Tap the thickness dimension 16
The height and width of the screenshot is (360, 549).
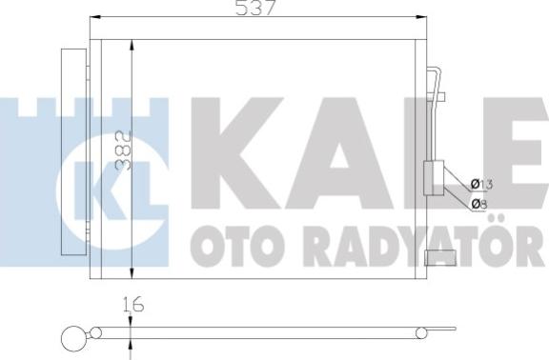pos(133,307)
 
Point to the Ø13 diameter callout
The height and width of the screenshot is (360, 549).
pos(482,183)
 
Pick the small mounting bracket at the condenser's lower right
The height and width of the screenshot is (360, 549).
pos(439,255)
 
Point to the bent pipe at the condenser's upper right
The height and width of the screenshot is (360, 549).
pos(437,86)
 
